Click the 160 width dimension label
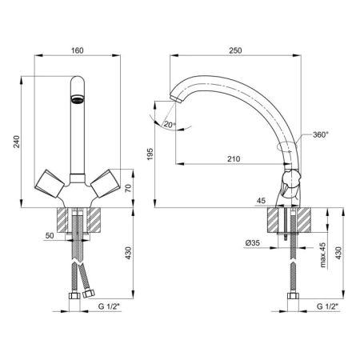78,50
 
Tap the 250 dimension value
235,50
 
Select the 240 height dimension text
17,142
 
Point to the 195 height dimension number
150,154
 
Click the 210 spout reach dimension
234,159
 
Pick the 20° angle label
170,124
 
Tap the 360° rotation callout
320,134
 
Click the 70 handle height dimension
129,189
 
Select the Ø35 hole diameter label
252,243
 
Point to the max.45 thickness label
323,254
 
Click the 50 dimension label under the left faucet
50,235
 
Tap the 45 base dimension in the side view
262,201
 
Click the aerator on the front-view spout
78,99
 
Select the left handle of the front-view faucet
50,183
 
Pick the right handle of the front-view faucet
105,183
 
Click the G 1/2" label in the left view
110,306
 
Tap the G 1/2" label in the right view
327,306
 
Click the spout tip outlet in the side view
175,99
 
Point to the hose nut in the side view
293,296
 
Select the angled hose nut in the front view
89,294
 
